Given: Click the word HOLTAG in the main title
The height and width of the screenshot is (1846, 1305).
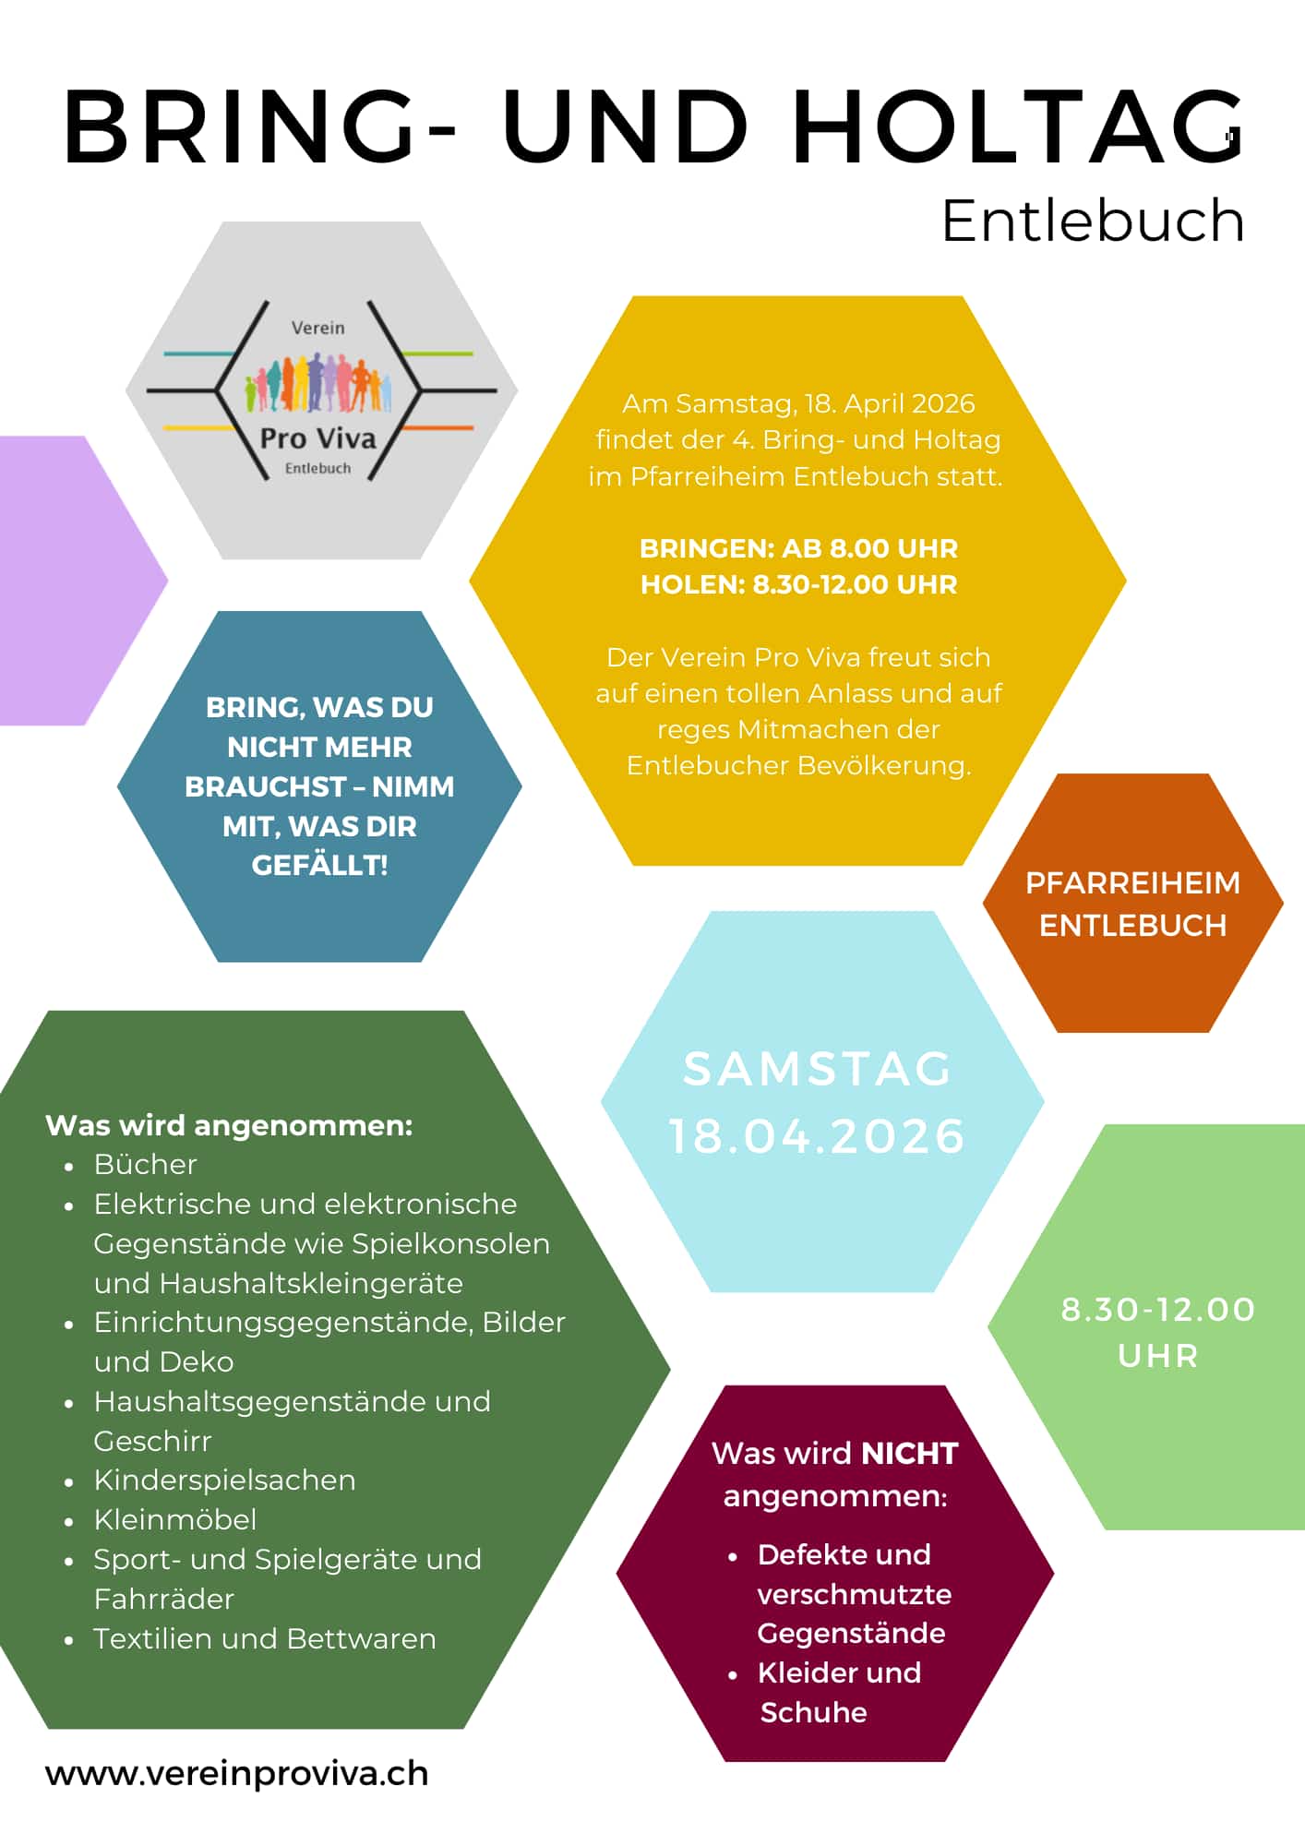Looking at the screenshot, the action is (x=1018, y=127).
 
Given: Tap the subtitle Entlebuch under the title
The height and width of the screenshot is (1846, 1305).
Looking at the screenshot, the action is (x=1093, y=222).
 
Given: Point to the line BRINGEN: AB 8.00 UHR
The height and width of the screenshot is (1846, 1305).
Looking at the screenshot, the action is (x=798, y=548).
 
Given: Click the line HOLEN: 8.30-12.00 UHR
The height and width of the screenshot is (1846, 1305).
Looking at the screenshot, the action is (x=798, y=584).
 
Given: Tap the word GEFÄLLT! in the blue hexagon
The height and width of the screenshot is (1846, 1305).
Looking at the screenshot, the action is (x=319, y=865).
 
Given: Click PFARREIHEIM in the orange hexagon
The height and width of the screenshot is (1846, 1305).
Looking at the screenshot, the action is (x=1132, y=882).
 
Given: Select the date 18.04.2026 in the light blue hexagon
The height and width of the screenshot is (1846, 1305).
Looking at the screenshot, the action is (x=817, y=1135).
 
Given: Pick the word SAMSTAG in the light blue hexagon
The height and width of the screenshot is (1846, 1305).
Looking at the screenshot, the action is (x=817, y=1069).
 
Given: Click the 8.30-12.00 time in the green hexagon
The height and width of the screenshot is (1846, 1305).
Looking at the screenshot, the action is (x=1157, y=1309).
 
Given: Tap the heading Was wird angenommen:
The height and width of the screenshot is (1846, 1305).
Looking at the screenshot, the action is (x=229, y=1125).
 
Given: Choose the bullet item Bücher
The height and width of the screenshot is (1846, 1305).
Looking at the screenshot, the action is (x=146, y=1165).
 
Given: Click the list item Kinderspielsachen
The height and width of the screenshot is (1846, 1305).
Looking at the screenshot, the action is (x=224, y=1480).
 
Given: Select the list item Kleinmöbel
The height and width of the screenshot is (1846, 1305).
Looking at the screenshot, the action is (x=175, y=1519).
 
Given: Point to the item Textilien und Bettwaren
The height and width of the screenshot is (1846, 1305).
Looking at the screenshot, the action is (x=265, y=1638).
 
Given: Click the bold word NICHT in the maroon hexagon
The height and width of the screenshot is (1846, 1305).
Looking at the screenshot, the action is (x=910, y=1453).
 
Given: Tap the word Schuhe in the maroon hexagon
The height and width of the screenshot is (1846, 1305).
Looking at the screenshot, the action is (x=813, y=1712).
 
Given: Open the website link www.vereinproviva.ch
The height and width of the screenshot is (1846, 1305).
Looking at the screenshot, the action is (x=237, y=1773).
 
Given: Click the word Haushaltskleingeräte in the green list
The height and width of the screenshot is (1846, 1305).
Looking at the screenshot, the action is (x=311, y=1283).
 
